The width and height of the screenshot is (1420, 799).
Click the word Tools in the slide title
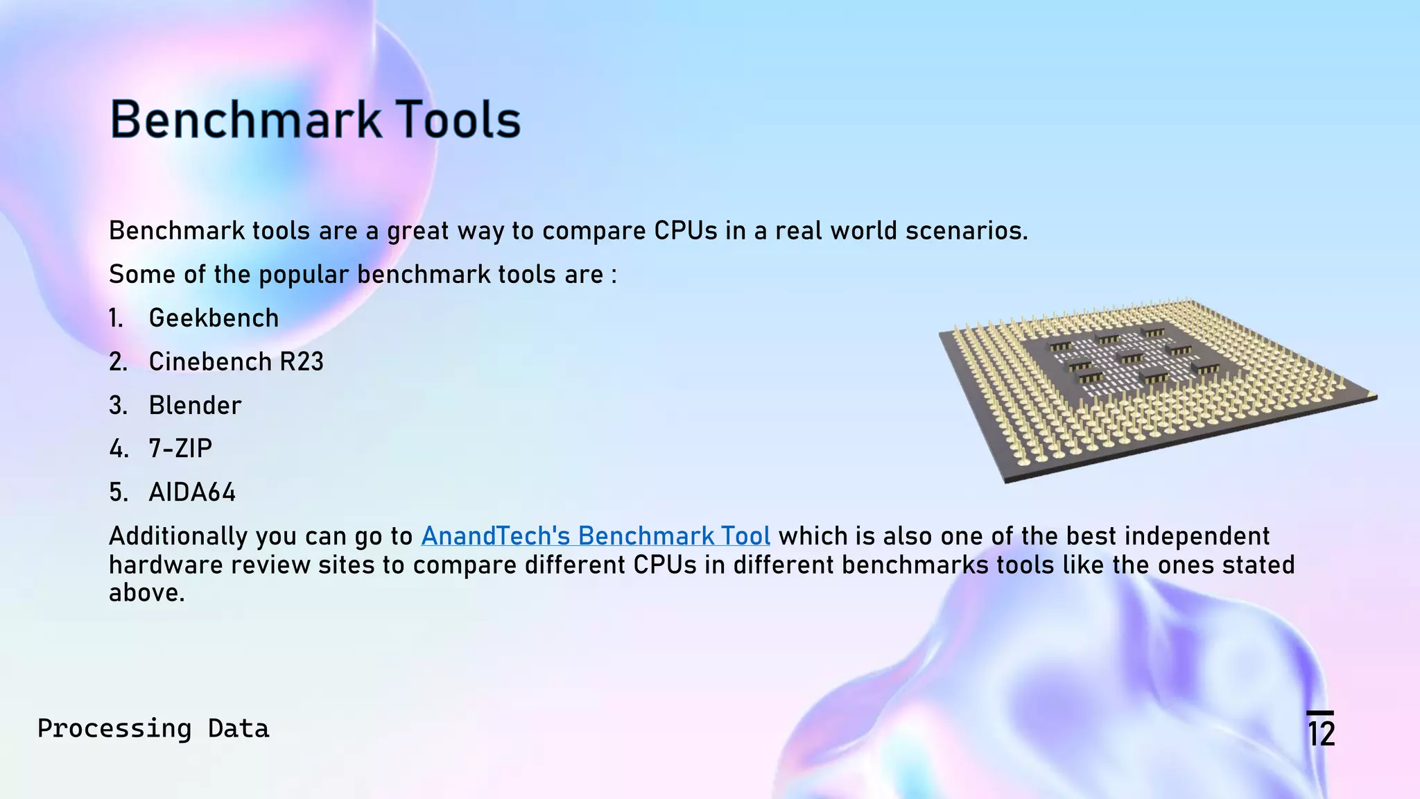[458, 120]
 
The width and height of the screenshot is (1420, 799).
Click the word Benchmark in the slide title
[245, 120]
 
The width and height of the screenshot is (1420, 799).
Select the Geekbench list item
[214, 318]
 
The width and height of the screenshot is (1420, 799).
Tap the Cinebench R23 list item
[236, 362]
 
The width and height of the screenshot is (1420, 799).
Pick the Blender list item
[195, 406]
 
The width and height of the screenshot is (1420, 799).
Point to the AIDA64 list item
[192, 492]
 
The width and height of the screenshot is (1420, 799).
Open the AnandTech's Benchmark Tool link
[596, 536]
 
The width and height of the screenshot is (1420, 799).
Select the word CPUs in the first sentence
[686, 231]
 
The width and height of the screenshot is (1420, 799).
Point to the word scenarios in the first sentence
[966, 231]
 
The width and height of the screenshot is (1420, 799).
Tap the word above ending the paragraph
[146, 593]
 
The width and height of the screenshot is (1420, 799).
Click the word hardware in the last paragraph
[166, 565]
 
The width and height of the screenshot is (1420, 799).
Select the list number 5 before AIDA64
[118, 492]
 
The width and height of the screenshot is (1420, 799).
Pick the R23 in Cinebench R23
[302, 362]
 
